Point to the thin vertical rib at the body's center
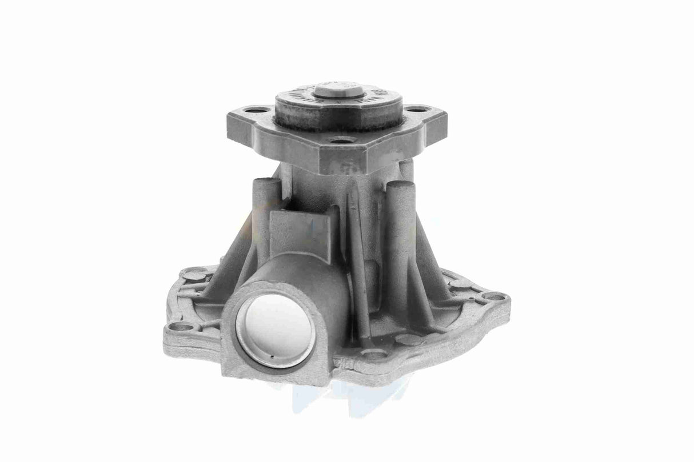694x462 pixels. [x=356, y=251]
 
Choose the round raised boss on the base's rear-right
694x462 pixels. [x=457, y=279]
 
